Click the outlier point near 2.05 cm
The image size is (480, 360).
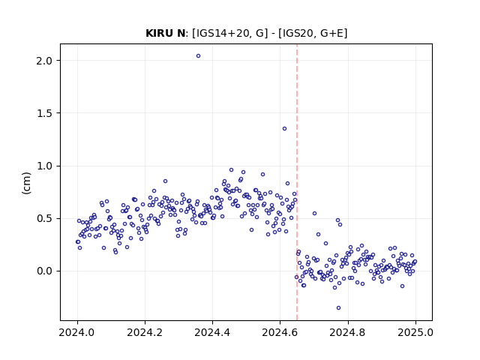pos(198,56)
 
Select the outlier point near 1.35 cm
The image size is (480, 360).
pos(284,129)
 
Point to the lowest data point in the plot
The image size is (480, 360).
pos(338,308)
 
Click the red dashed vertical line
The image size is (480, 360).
pos(297,182)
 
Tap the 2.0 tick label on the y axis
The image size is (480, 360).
pos(44,61)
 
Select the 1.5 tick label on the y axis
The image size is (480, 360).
pos(44,113)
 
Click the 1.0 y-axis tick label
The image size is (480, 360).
pos(44,166)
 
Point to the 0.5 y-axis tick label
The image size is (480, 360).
pos(44,218)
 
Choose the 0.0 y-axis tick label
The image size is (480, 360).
pos(44,271)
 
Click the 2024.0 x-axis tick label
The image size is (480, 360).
pos(77,332)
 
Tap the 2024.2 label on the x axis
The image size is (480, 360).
pos(145,332)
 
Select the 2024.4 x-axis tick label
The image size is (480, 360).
pos(212,332)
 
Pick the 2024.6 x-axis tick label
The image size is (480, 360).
pos(280,332)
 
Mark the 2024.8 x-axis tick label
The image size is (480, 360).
pos(348,332)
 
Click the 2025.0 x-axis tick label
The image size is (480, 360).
pos(415,332)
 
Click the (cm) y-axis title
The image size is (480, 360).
pos(27,183)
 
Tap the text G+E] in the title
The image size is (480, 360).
pos(334,33)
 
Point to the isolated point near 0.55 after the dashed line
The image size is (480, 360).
pos(314,213)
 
